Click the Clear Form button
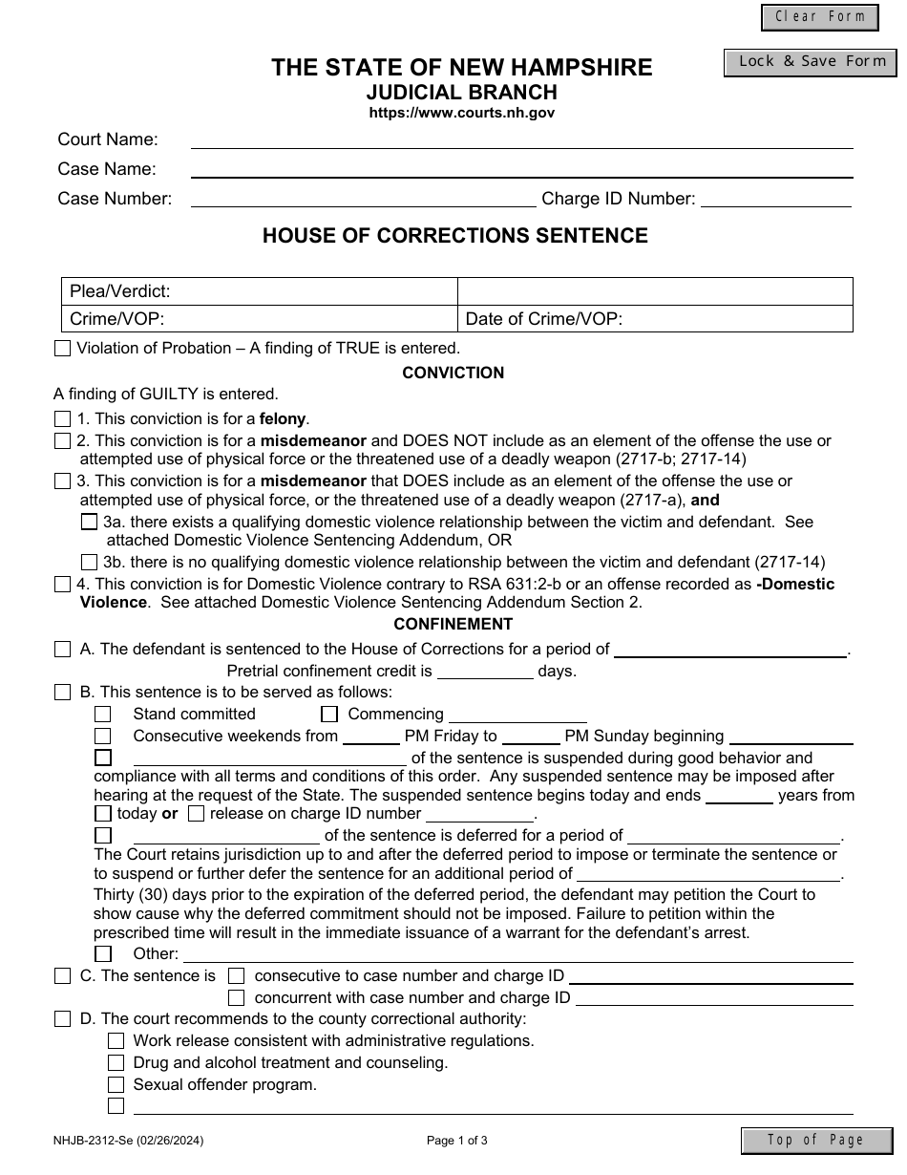point(819,17)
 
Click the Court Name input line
point(521,139)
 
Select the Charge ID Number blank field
point(775,199)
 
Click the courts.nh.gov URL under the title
point(462,113)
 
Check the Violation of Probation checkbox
point(62,349)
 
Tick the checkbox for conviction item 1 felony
point(62,418)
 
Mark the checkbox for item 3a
point(89,522)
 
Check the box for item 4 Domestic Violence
point(62,584)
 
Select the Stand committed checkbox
point(103,714)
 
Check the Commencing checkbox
point(329,714)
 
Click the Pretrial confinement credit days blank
point(485,671)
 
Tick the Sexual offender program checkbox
point(116,1084)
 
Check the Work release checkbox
point(116,1040)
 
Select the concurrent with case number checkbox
point(236,997)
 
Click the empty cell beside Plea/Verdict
point(655,291)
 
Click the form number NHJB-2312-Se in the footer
point(128,1140)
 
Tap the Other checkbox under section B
point(103,953)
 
